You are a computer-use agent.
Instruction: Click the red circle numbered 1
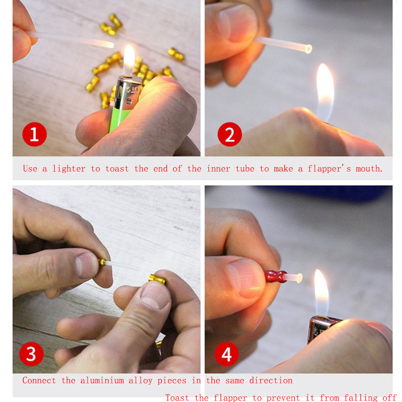click(34, 134)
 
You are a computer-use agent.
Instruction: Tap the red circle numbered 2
click(230, 134)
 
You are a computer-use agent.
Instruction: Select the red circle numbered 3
click(31, 354)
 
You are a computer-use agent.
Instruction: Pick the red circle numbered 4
click(226, 354)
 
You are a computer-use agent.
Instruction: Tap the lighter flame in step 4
click(321, 292)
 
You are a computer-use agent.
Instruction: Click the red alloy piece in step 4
click(275, 277)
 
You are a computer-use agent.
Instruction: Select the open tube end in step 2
click(308, 49)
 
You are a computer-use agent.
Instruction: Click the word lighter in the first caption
click(69, 169)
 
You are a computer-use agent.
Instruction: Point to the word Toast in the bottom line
click(177, 398)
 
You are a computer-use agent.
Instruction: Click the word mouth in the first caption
click(369, 169)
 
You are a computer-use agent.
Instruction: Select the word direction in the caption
click(271, 380)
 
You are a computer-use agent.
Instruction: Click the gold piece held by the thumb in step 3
click(157, 279)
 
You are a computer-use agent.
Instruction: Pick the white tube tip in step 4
click(299, 278)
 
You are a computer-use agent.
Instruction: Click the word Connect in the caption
click(39, 380)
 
